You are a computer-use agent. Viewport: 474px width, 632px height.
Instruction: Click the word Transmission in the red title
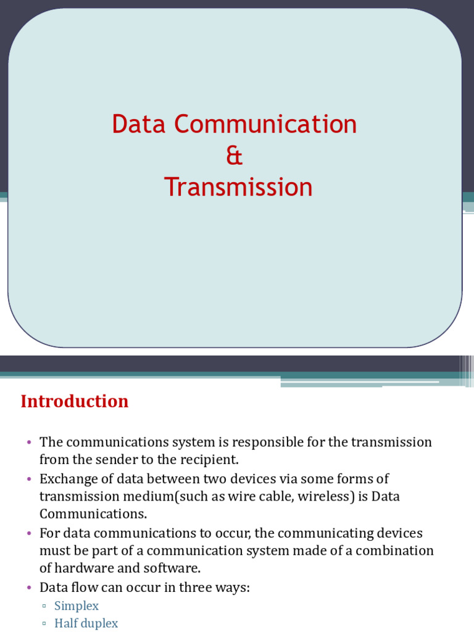tap(238, 187)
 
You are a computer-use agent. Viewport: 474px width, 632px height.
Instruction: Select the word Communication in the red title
tap(265, 124)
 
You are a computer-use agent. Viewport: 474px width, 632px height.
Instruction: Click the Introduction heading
tap(75, 401)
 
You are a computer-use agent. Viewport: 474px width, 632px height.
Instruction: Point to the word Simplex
tap(77, 605)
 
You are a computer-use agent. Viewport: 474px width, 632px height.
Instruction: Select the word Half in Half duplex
tap(66, 623)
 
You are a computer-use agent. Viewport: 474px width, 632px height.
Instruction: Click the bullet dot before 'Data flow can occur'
tap(29, 588)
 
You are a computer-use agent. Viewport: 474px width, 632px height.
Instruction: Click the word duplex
tap(101, 623)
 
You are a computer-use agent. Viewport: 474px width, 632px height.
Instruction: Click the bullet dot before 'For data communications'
tap(29, 533)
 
